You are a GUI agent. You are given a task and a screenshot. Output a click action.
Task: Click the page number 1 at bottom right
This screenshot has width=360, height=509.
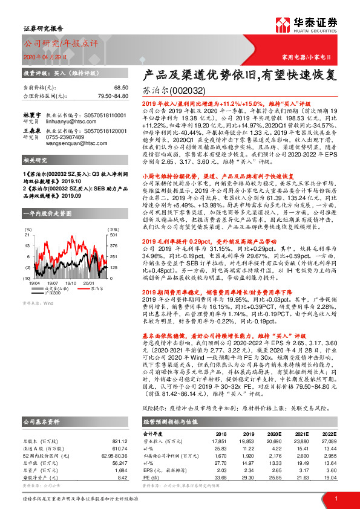(335, 498)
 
